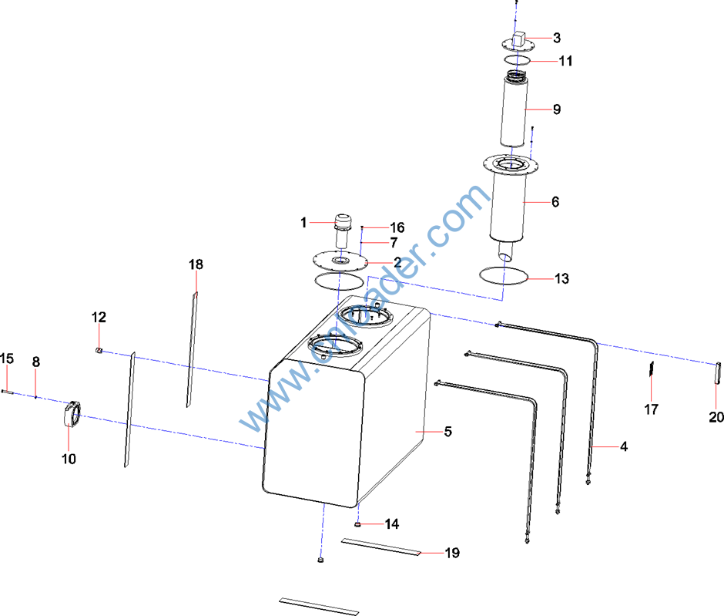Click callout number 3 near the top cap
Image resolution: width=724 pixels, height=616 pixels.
[x=556, y=37]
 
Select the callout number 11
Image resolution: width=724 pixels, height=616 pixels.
[x=565, y=61]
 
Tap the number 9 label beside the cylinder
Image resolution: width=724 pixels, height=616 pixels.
[x=557, y=109]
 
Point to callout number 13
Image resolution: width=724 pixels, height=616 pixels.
[x=562, y=278]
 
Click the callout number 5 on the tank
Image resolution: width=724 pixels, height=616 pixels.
[x=447, y=432]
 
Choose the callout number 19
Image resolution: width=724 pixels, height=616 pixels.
[x=452, y=553]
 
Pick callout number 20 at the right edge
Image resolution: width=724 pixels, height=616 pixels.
[x=716, y=417]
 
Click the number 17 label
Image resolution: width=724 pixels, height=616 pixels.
[x=652, y=409]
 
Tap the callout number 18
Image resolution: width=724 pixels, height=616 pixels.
[x=196, y=264]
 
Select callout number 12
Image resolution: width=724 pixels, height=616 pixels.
[x=99, y=317]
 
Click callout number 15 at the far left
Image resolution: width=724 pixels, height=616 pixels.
[x=7, y=358]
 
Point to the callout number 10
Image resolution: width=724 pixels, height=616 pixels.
[x=69, y=459]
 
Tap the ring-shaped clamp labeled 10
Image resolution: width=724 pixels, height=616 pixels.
[x=71, y=414]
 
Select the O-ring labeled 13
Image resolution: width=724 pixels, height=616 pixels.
[x=503, y=274]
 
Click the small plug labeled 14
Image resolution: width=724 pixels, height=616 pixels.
[x=358, y=524]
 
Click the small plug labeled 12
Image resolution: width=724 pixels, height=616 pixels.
[x=99, y=351]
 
